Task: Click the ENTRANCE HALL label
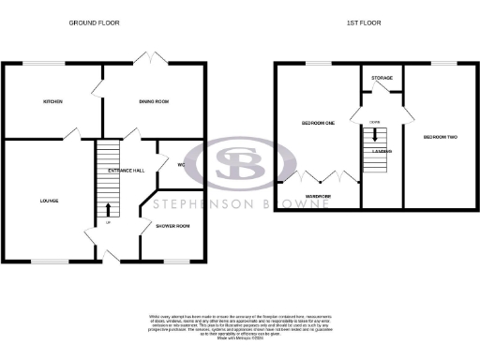126,170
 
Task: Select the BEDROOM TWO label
440,137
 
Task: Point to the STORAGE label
382,78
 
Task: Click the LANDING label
382,150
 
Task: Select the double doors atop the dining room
145,56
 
